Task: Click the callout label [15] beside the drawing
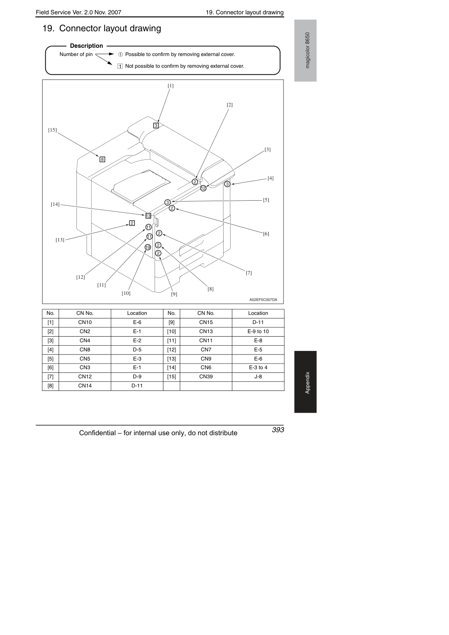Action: tap(53, 130)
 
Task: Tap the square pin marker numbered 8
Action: tap(102, 159)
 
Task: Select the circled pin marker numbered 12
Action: tap(203, 188)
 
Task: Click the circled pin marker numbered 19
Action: tap(148, 247)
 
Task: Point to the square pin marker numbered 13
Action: tap(148, 216)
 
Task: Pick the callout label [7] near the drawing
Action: tap(248, 273)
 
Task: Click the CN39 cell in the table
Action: tap(206, 377)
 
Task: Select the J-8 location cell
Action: tap(258, 377)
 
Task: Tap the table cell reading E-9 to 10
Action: tap(258, 331)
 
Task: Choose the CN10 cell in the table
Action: tap(85, 322)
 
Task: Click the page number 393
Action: tap(278, 430)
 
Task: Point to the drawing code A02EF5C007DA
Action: tap(263, 300)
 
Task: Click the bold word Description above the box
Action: tap(86, 46)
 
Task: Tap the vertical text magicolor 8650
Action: tap(307, 50)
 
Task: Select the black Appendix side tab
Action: tap(305, 382)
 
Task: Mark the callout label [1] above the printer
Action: tap(170, 86)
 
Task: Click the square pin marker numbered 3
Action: tap(156, 125)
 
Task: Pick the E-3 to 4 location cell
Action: tap(258, 367)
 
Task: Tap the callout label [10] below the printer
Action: tap(126, 294)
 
